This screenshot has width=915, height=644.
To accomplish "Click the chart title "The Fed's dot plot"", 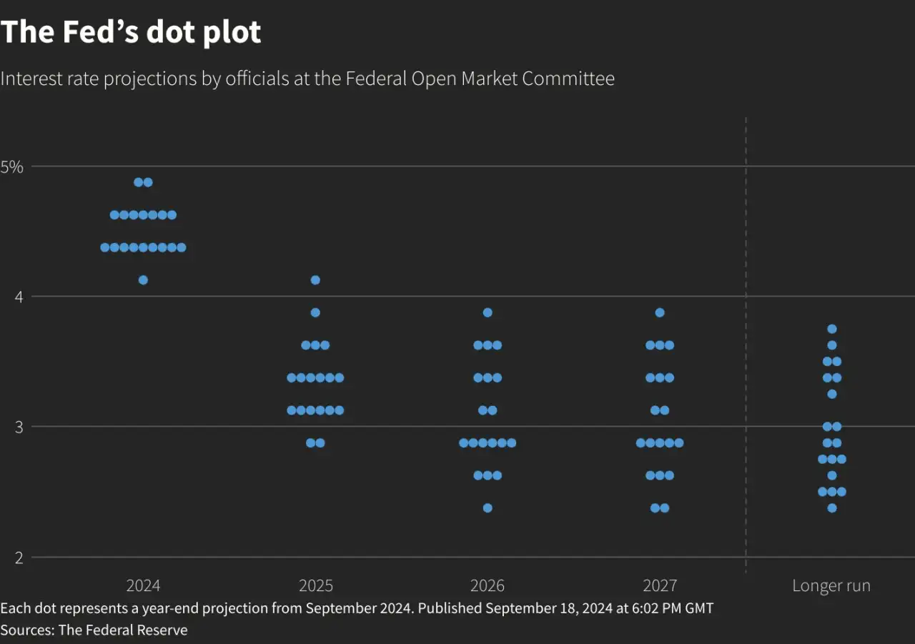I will tap(131, 32).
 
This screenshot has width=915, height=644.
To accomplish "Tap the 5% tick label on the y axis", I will tap(12, 167).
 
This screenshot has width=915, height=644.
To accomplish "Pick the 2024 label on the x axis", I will tap(143, 586).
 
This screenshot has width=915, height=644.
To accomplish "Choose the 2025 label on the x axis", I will tap(315, 586).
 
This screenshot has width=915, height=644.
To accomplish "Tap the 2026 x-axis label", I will tap(488, 586).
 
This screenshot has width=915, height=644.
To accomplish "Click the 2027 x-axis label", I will tap(660, 586).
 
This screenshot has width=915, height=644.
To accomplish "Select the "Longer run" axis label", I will tap(831, 586).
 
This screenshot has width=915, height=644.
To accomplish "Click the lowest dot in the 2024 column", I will tap(143, 280).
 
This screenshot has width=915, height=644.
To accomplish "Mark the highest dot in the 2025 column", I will tap(315, 280).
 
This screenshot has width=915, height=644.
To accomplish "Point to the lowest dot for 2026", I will tap(488, 508).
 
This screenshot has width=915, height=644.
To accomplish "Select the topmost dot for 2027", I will tap(660, 312).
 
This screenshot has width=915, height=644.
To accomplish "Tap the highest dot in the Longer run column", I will tap(832, 329).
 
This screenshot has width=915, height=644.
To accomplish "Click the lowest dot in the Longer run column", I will tap(832, 508).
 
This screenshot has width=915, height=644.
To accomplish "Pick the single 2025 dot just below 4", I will tap(315, 312).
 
